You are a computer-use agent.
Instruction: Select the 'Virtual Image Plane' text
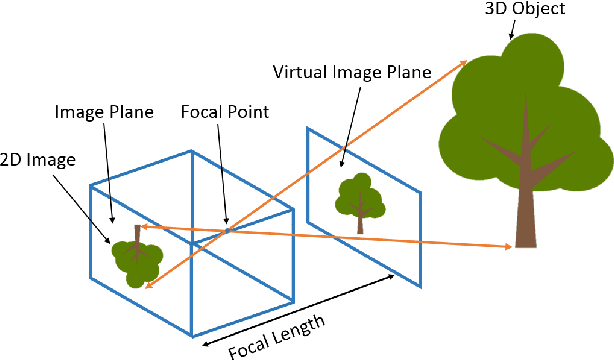[x=351, y=72]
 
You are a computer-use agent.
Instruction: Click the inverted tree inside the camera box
[x=136, y=255]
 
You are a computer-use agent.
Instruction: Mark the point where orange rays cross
[x=228, y=231]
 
